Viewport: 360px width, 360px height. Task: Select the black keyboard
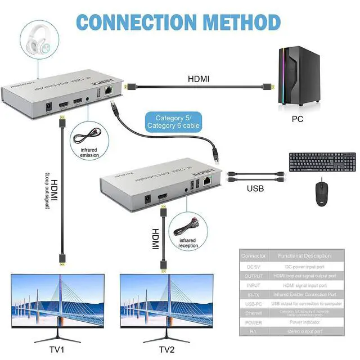[321, 163]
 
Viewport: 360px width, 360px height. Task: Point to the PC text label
[298, 119]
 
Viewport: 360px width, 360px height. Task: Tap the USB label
[255, 188]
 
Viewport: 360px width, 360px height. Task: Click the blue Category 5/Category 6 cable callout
[169, 121]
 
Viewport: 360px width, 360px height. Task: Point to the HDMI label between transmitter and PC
[198, 79]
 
